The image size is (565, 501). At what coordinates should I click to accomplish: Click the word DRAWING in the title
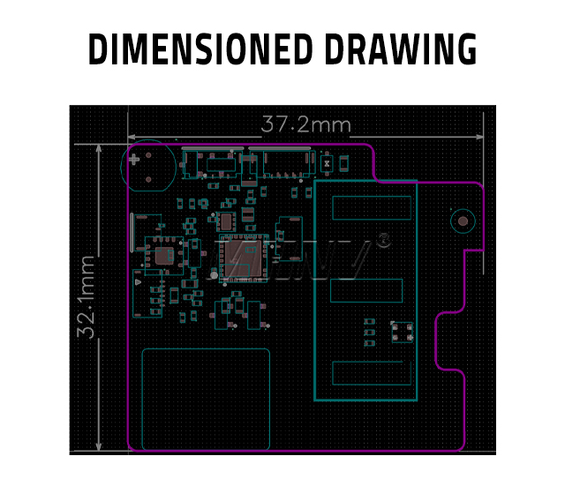(x=401, y=50)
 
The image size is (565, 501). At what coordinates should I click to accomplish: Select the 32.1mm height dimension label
(x=86, y=297)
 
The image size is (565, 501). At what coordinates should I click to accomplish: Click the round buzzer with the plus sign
(x=144, y=166)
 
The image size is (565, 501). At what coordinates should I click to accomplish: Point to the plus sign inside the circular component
(x=134, y=161)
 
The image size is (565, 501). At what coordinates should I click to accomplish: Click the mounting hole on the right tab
(x=461, y=221)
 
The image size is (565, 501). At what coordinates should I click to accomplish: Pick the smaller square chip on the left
(x=164, y=257)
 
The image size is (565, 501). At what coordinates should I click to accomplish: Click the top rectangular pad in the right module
(x=372, y=208)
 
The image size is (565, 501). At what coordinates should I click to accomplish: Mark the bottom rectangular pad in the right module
(x=372, y=373)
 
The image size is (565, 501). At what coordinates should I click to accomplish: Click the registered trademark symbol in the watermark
(x=383, y=240)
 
